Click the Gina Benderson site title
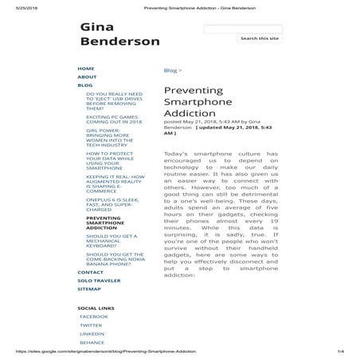point(119,34)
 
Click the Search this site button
point(260,38)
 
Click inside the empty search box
point(242,29)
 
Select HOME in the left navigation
point(86,68)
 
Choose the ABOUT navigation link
point(87,76)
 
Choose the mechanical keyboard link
point(112,241)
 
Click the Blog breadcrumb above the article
point(170,70)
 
